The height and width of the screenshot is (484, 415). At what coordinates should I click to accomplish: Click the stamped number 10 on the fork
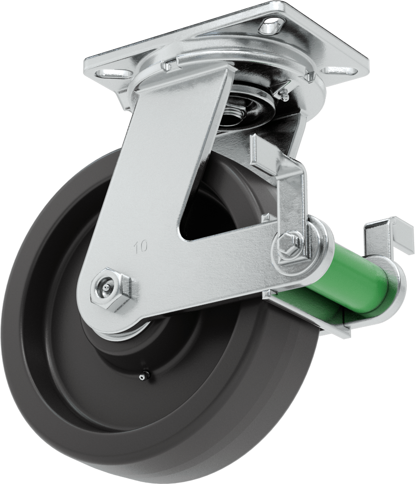click(141, 246)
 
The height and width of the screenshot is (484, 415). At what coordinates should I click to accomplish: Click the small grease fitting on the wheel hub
click(143, 376)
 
